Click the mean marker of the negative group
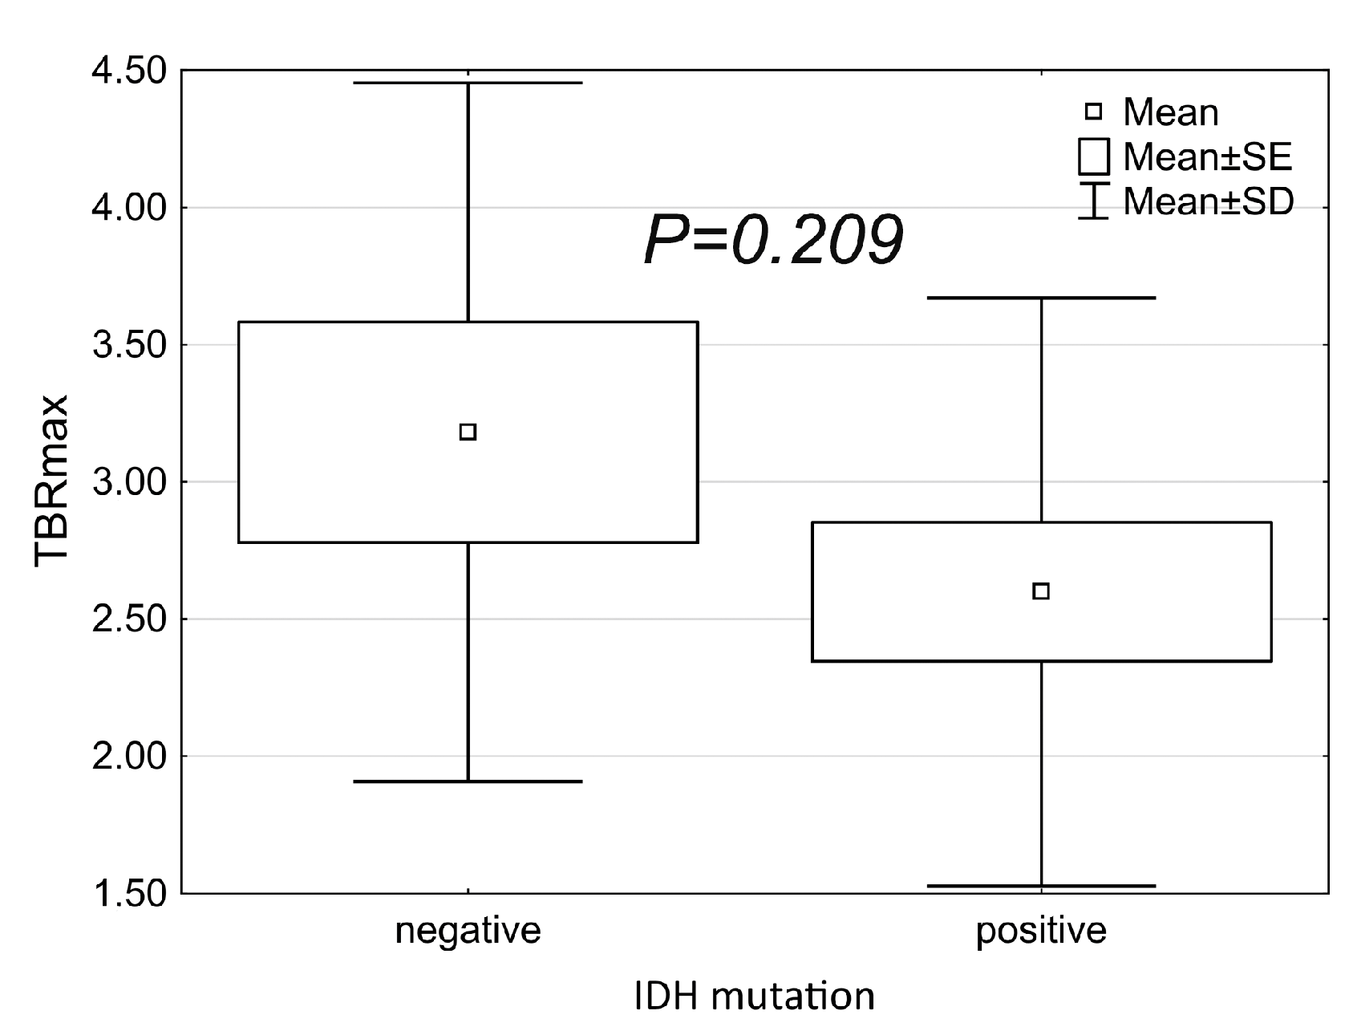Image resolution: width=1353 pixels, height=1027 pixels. pos(468,432)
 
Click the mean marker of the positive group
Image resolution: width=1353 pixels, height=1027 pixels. pos(1041,591)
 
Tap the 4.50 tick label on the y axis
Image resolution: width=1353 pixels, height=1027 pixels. pos(129,71)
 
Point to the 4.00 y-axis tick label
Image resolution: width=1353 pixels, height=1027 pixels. pos(129,209)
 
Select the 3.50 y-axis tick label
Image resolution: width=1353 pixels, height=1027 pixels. pos(129,346)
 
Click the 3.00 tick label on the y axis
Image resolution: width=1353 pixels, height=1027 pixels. pos(129,482)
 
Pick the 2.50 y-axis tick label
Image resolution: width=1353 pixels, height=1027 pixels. pos(129,619)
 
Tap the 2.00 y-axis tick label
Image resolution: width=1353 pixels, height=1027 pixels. pos(129,757)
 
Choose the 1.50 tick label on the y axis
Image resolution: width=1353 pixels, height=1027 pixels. pos(129,893)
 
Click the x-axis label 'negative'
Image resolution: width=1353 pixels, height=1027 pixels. pos(468,931)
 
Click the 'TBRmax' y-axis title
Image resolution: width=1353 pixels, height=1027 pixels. pos(51,481)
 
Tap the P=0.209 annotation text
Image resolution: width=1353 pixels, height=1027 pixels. pos(773,242)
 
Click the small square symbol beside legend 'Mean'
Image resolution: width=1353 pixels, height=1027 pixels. pos(1092,112)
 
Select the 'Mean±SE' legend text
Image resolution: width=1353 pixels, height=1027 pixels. pos(1207,156)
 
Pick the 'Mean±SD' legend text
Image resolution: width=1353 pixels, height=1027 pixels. pos(1208,201)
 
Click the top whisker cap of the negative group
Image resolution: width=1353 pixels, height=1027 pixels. pos(468,83)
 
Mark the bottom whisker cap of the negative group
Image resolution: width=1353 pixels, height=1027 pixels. pos(468,781)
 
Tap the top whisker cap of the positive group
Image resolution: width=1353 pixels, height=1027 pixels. pos(1041,298)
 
